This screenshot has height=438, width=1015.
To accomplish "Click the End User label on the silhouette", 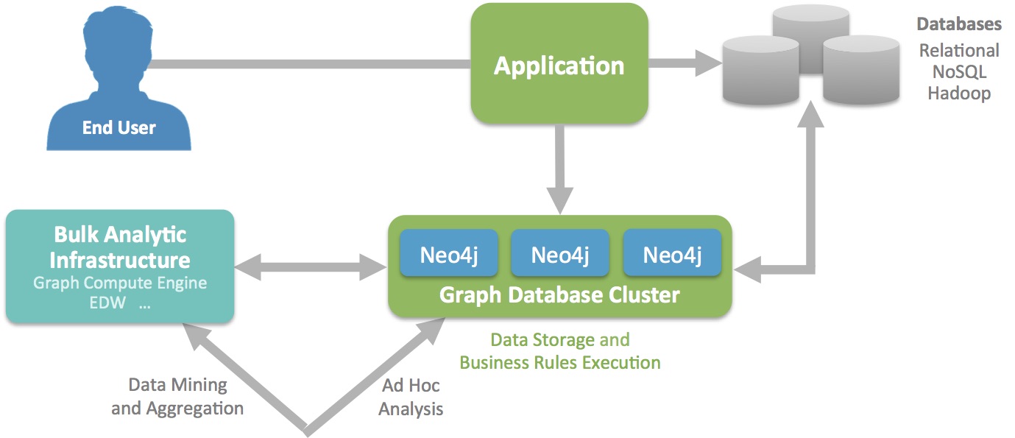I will coord(119,128).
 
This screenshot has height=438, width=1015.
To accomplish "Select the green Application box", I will coord(559,64).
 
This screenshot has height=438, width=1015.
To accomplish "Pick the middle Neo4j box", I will coord(560,254).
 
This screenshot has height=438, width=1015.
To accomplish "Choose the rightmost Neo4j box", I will coord(672,254).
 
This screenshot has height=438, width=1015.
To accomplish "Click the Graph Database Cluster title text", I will coord(559,295).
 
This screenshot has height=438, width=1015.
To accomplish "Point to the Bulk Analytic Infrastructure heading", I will coord(120,247).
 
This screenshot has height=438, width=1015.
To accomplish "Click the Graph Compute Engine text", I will coord(120,283).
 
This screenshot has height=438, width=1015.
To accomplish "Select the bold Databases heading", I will coord(958,24).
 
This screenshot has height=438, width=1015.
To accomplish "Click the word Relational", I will coord(959,50).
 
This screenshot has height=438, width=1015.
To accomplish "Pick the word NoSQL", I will coord(959,72).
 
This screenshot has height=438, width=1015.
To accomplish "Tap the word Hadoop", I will coord(959,93).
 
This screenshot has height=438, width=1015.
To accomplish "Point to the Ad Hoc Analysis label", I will coord(411,397).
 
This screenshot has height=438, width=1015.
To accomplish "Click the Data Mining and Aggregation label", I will coord(177,396).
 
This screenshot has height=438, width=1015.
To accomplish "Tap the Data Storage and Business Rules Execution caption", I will coord(560,351).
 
